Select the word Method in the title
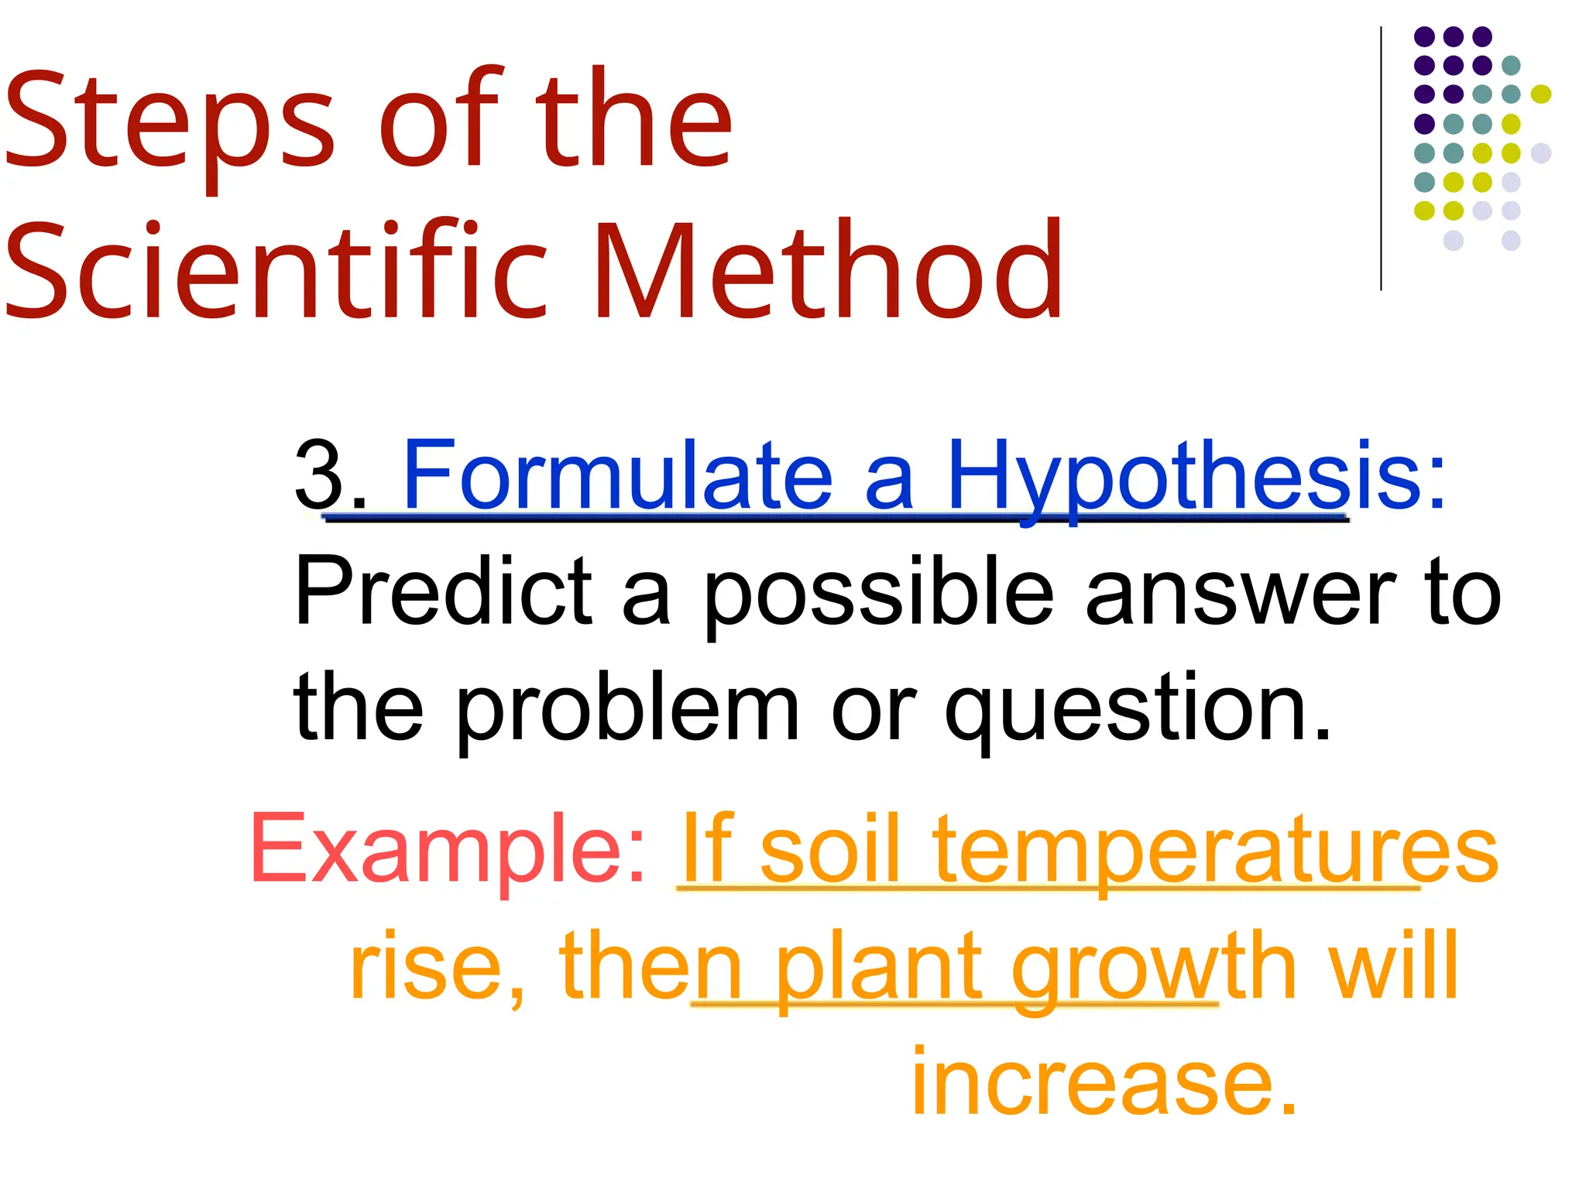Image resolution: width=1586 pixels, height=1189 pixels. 829,271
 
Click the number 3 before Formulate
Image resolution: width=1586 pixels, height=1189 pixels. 319,474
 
